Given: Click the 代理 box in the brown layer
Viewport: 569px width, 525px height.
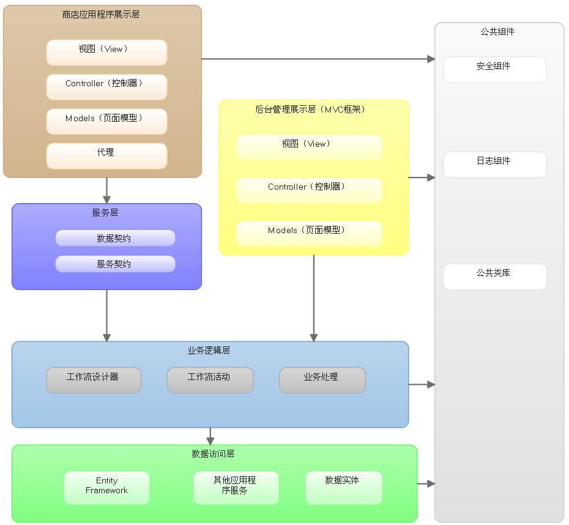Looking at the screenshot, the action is click(106, 156).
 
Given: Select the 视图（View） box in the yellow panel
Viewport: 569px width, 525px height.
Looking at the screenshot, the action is click(310, 147).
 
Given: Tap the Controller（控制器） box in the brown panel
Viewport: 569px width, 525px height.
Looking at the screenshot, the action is click(106, 87).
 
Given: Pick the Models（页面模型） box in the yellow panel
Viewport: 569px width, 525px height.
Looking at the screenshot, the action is click(310, 234).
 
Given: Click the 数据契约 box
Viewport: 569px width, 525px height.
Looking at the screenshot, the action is click(116, 238).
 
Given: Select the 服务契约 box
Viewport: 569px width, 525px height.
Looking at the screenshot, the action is click(116, 264).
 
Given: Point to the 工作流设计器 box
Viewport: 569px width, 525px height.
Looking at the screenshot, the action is click(94, 380).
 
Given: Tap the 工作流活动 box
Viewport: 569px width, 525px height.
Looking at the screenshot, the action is click(210, 380).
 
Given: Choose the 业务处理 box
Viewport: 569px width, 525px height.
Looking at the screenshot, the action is click(322, 380).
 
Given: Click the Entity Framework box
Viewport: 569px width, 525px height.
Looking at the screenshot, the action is click(106, 488).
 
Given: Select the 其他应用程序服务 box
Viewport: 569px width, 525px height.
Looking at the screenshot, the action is click(236, 488).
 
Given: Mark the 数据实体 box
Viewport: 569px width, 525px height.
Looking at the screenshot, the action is click(344, 488).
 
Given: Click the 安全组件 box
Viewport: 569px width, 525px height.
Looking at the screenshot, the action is click(494, 70).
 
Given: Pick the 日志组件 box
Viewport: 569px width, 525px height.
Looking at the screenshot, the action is click(494, 165).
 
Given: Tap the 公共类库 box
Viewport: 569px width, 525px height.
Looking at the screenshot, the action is click(494, 277).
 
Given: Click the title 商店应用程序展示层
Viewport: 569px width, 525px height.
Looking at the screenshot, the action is click(101, 14).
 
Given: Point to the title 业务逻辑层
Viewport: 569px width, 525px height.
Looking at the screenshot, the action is click(209, 350).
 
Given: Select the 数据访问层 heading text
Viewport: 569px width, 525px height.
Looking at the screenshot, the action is click(213, 453).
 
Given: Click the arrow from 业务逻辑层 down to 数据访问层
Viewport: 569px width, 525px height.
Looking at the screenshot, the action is click(210, 436).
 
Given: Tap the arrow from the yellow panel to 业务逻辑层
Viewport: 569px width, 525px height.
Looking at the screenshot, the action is click(314, 298).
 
